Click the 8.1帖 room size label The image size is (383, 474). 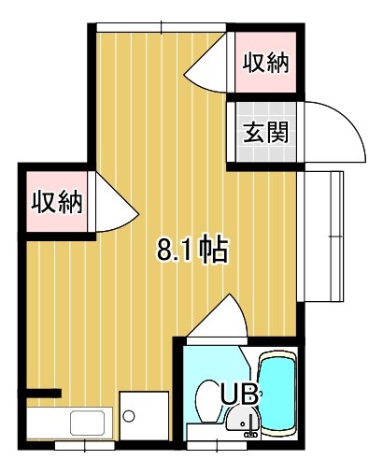click(x=192, y=251)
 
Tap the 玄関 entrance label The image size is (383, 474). click(x=265, y=132)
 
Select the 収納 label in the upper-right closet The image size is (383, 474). click(x=265, y=63)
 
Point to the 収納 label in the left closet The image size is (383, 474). click(x=57, y=202)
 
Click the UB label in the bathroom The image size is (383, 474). click(x=239, y=394)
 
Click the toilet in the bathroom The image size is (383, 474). click(x=209, y=401)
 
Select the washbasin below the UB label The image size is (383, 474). click(x=243, y=419)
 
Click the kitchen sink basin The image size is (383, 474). click(x=87, y=423)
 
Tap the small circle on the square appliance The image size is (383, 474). click(x=129, y=416)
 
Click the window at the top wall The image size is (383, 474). click(x=161, y=27)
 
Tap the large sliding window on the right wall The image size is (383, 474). click(x=320, y=237)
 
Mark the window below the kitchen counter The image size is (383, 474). click(x=85, y=445)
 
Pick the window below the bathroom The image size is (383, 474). click(x=217, y=446)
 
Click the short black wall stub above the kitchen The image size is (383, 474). click(x=44, y=394)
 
